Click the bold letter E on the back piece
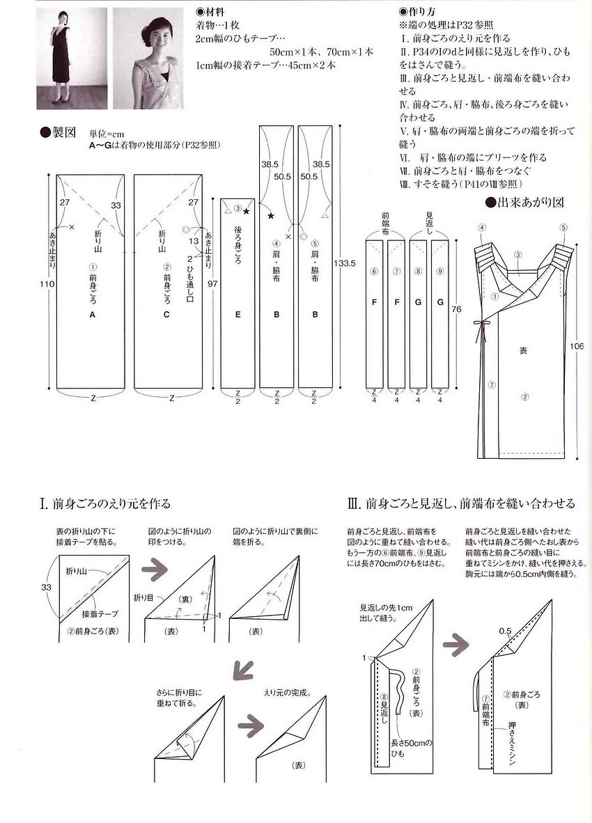click(237, 315)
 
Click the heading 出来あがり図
click(525, 203)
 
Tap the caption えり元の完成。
click(287, 693)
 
